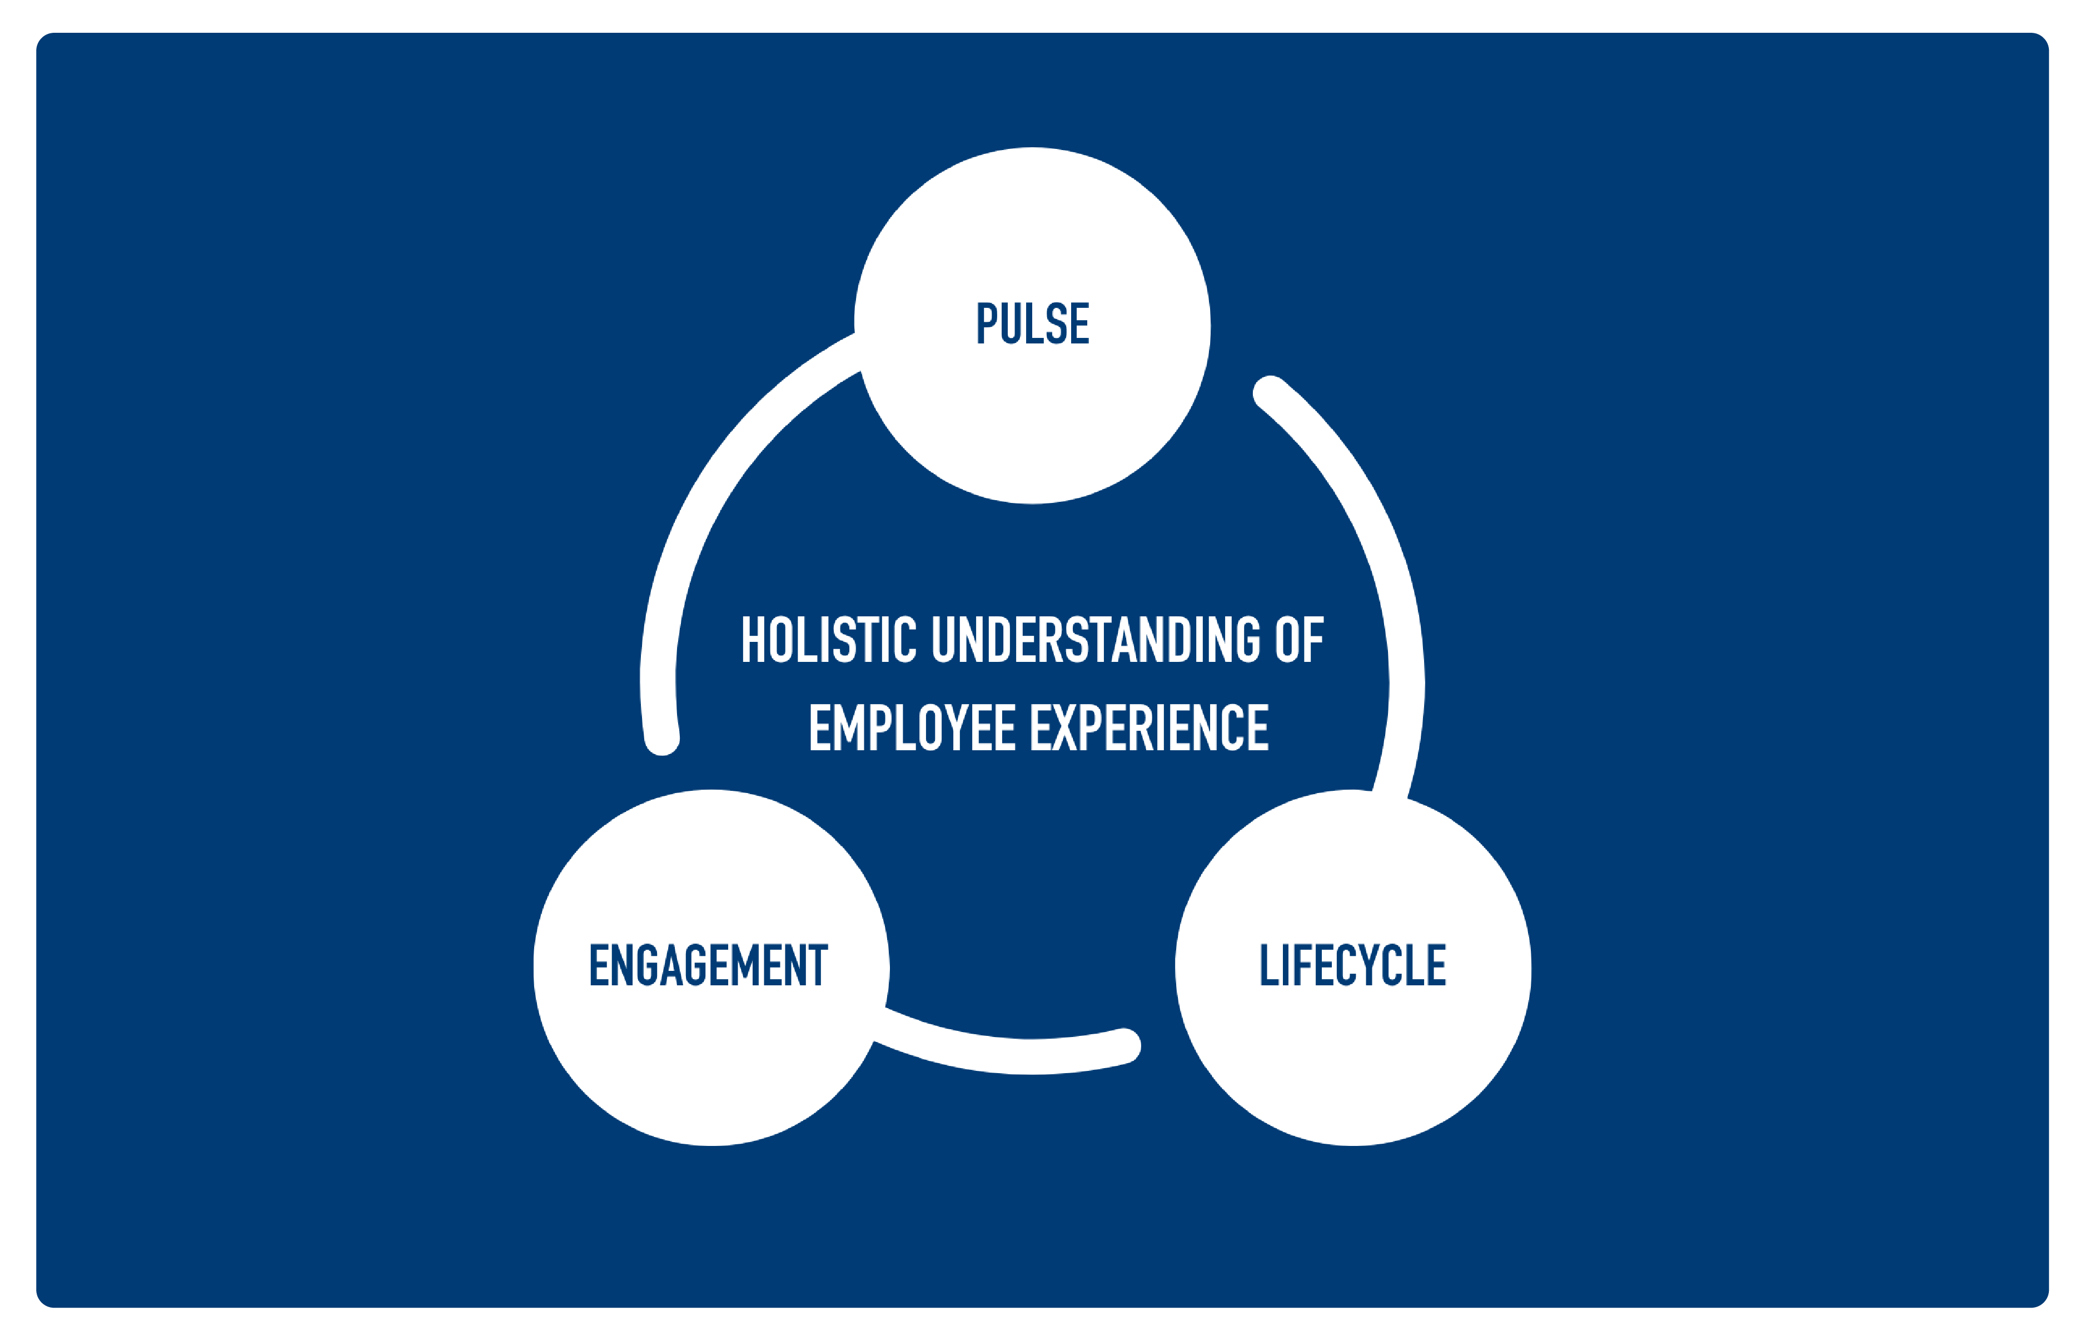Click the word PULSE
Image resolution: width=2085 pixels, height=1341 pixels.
tap(1032, 324)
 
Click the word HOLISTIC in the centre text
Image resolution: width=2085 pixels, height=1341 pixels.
tap(828, 640)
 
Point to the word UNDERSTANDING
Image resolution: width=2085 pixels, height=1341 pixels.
tap(1096, 640)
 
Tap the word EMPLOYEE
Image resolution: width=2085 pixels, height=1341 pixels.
tap(912, 728)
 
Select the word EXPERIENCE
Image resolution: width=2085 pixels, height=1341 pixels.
tap(1150, 728)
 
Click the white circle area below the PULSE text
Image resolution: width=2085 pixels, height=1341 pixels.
tap(1032, 427)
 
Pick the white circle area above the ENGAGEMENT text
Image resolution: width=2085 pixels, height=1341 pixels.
tap(711, 862)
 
